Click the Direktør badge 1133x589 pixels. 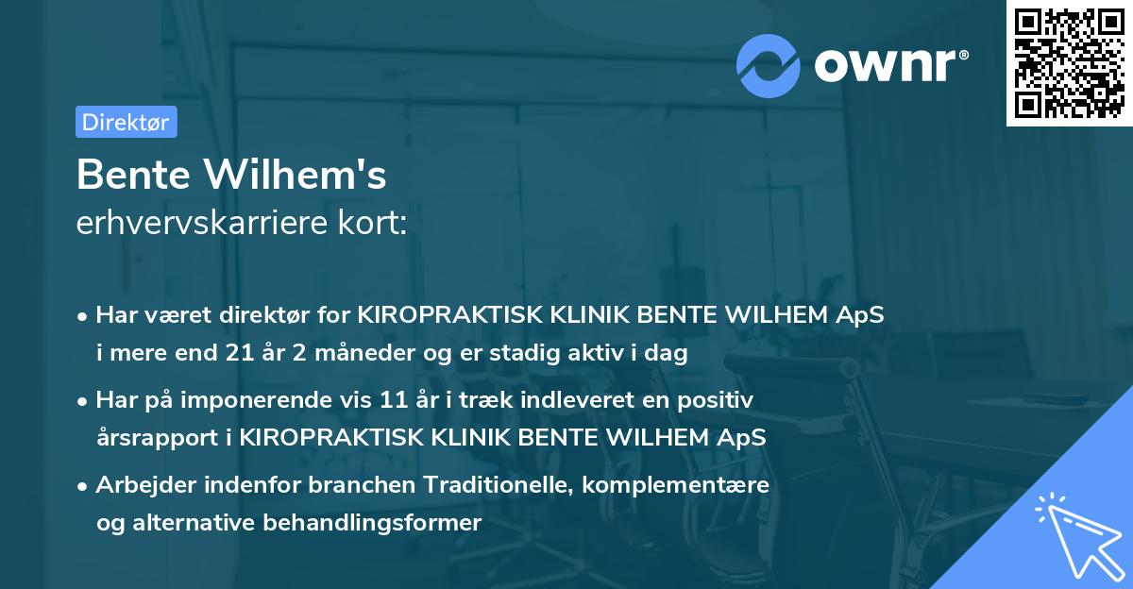pyautogui.click(x=126, y=122)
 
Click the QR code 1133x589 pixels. pyautogui.click(x=1069, y=62)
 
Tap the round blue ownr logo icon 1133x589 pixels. pyautogui.click(x=769, y=64)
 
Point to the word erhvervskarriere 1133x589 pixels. pyautogui.click(x=205, y=224)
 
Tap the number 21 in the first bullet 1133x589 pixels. pyautogui.click(x=240, y=354)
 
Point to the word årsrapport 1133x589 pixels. pyautogui.click(x=148, y=437)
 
